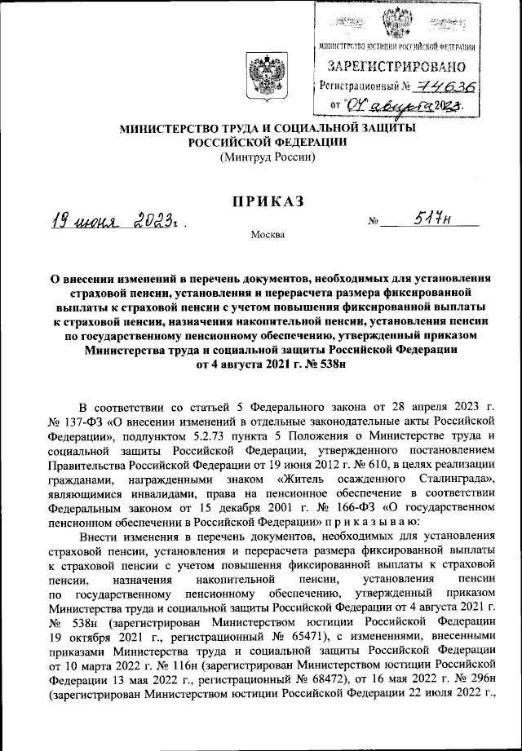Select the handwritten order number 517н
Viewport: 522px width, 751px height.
click(429, 219)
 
